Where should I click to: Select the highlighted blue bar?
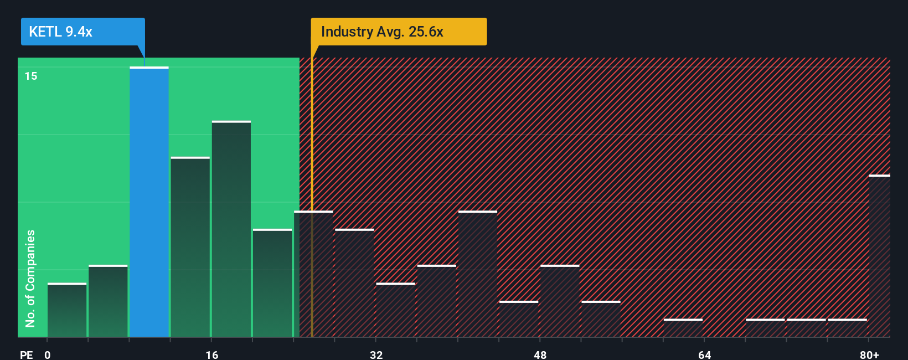pyautogui.click(x=149, y=202)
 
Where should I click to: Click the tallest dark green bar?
pyautogui.click(x=231, y=229)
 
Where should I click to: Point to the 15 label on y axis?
pyautogui.click(x=31, y=76)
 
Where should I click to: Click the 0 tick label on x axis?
pyautogui.click(x=48, y=354)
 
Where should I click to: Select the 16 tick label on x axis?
pyautogui.click(x=212, y=354)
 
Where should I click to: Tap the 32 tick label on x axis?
pyautogui.click(x=376, y=354)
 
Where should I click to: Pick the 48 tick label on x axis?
pyautogui.click(x=540, y=354)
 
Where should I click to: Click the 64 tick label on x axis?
pyautogui.click(x=704, y=354)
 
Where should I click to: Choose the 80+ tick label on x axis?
pyautogui.click(x=869, y=354)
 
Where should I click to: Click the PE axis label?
pyautogui.click(x=26, y=354)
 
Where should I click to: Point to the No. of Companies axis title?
pyautogui.click(x=30, y=278)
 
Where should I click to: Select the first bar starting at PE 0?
pyautogui.click(x=67, y=310)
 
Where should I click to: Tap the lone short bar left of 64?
pyautogui.click(x=683, y=327)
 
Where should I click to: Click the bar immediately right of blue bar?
pyautogui.click(x=190, y=247)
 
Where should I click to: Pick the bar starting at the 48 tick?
pyautogui.click(x=560, y=301)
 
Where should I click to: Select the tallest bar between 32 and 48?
pyautogui.click(x=477, y=274)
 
